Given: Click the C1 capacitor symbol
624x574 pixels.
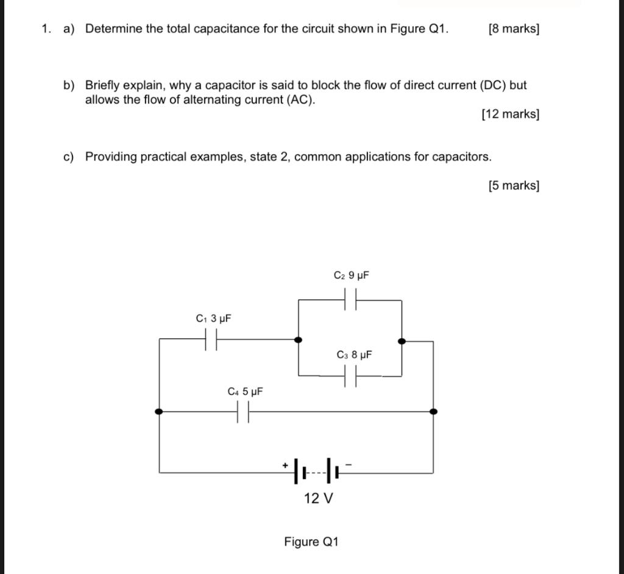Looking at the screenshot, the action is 211,339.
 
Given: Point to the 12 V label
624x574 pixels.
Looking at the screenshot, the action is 318,498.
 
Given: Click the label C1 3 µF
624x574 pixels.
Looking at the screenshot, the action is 213,318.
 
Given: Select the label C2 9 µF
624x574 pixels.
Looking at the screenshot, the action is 352,275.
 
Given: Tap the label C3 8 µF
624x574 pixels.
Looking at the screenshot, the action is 354,355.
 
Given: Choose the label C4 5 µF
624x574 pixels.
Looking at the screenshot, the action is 245,391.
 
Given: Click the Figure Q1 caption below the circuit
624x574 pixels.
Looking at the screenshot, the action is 311,542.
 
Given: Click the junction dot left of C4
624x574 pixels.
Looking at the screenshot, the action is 159,411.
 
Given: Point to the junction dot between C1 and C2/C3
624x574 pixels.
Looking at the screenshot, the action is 299,340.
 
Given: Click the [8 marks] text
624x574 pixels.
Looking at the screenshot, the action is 514,29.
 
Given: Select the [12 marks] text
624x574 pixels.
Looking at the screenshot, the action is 510,114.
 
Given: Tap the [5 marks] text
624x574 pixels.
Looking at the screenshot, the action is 514,185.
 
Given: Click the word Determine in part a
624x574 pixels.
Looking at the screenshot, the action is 113,29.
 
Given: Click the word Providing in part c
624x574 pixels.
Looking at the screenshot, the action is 111,157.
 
